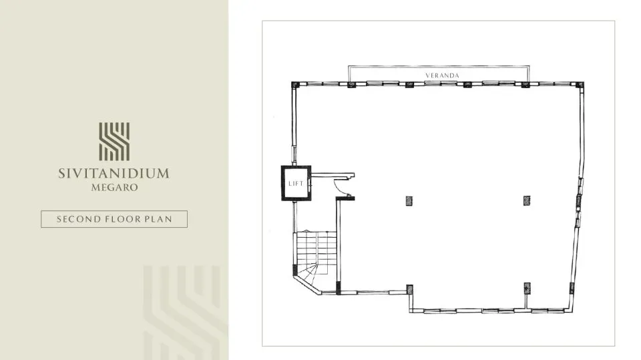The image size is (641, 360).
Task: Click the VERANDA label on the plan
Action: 442,75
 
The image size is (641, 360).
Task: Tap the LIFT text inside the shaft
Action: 296,183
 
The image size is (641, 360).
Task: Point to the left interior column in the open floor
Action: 408,200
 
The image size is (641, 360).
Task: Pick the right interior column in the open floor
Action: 527,200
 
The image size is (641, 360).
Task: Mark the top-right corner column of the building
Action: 580,85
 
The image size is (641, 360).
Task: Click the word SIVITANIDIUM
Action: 114,174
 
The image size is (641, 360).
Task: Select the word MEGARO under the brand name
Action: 114,188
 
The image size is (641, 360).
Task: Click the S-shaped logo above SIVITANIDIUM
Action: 114,142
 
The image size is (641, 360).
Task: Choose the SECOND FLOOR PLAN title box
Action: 114,219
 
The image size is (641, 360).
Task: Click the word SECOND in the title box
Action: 77,219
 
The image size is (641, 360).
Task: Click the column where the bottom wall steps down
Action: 409,290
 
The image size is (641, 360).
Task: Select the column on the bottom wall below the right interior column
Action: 527,288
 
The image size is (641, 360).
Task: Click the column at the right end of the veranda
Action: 526,85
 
